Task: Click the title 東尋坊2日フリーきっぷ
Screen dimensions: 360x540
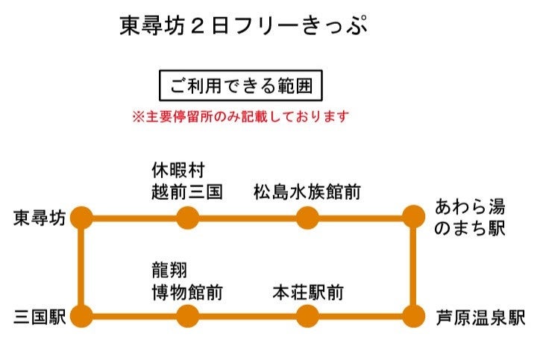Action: pyautogui.click(x=243, y=27)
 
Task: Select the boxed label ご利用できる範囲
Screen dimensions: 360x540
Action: pyautogui.click(x=240, y=86)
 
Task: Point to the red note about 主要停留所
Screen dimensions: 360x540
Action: pyautogui.click(x=240, y=117)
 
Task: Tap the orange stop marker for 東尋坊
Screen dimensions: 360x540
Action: pyautogui.click(x=82, y=218)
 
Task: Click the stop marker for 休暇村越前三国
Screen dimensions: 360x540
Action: pyautogui.click(x=187, y=218)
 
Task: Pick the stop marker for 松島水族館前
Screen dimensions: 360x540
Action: pyautogui.click(x=307, y=218)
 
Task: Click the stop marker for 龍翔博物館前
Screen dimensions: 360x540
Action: pyautogui.click(x=187, y=316)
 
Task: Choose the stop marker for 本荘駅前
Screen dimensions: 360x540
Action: pyautogui.click(x=307, y=316)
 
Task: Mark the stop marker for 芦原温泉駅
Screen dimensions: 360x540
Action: pyautogui.click(x=412, y=316)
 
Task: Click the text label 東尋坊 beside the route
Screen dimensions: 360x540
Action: pyautogui.click(x=40, y=218)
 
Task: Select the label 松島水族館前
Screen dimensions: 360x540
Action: pyautogui.click(x=307, y=192)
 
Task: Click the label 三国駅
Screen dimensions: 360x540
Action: pyautogui.click(x=40, y=317)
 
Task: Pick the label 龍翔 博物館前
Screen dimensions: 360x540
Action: pyautogui.click(x=187, y=280)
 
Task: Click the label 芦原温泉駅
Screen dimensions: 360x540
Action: pyautogui.click(x=481, y=317)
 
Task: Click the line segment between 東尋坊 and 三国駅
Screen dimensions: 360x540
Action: pyautogui.click(x=82, y=267)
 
